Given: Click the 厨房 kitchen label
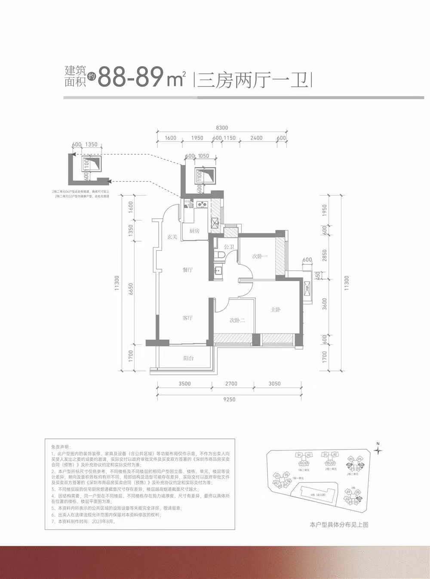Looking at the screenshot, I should coord(194,231).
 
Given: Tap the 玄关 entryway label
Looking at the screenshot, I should coord(172,237).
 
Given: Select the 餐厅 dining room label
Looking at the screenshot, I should coord(187,270).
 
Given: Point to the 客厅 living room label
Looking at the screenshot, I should coord(187,318).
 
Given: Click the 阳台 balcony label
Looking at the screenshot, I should coord(188,358).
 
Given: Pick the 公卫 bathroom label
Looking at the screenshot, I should coord(229,247).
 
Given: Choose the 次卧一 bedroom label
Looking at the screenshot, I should coord(260,256).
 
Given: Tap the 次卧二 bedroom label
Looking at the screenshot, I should coord(237,321).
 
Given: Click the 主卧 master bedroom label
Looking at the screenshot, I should coord(276,309).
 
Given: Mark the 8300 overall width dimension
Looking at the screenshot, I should coord(221,128).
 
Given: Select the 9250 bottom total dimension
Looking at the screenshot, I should coord(230,399).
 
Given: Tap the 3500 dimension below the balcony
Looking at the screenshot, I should coord(184,384).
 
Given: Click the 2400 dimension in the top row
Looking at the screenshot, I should coord(256,138).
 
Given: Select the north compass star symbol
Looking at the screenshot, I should coord(378,450).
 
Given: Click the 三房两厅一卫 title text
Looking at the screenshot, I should coord(253,80).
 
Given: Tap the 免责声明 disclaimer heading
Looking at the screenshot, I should coord(61,447).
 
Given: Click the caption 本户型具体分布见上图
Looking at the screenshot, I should coord(339,525).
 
